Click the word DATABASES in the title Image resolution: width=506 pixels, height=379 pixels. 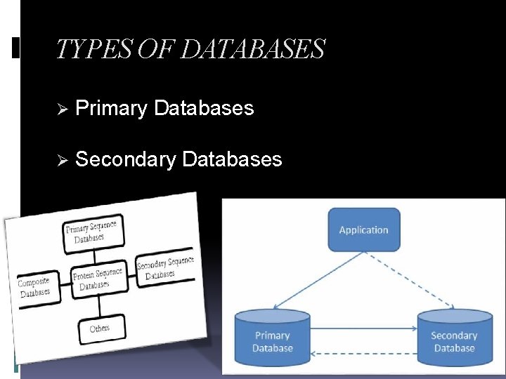pos(253,49)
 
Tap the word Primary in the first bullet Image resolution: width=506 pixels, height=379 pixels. pos(112,108)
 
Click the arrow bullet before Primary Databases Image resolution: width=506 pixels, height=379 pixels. pos(61,109)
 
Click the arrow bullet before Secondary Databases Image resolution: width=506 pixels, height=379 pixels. pos(61,161)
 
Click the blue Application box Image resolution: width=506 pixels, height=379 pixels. pos(363,230)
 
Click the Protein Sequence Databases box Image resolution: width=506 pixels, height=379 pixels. pos(98,279)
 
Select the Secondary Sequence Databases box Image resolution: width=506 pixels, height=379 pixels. pos(165,268)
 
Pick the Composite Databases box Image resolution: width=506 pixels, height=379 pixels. pos(35,287)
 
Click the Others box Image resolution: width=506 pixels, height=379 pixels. pos(100,328)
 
